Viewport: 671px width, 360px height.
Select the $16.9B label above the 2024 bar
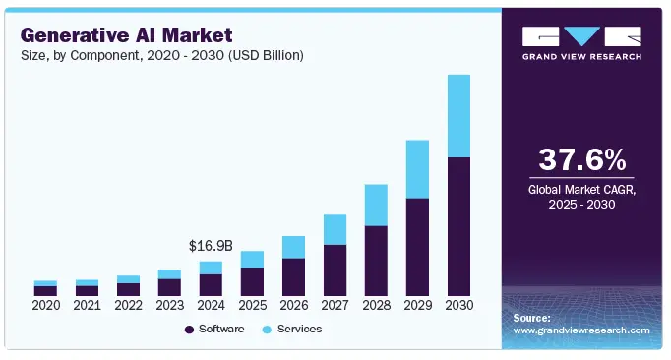tap(210, 245)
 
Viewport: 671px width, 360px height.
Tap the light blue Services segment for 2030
tap(458, 115)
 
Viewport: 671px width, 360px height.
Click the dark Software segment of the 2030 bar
tap(458, 226)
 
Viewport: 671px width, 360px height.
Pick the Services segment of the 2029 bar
tap(417, 169)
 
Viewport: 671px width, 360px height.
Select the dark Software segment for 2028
tap(376, 261)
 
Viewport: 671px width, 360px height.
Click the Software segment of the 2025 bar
tap(252, 281)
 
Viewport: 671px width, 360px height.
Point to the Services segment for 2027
tap(335, 229)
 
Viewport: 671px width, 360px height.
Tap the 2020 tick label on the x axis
tap(45, 306)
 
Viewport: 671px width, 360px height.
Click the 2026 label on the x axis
tap(293, 306)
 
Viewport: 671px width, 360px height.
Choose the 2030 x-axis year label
tap(458, 306)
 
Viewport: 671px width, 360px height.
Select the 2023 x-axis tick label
tap(169, 306)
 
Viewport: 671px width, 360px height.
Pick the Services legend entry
tap(293, 329)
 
